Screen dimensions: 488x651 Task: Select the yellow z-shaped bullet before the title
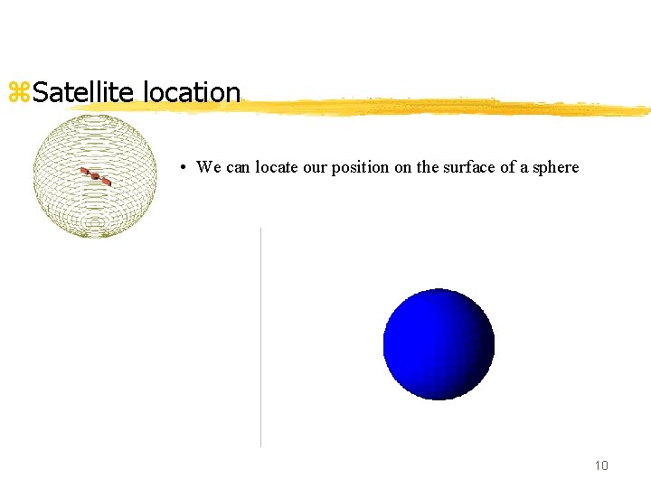(x=18, y=92)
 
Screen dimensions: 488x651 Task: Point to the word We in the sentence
(x=208, y=167)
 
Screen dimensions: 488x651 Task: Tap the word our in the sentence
(x=320, y=167)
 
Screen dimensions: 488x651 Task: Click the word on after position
(x=404, y=167)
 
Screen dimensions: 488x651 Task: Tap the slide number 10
(x=601, y=465)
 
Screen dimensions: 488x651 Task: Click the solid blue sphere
(x=439, y=344)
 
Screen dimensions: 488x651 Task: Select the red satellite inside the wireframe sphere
(x=94, y=176)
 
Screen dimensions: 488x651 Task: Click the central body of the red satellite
(x=94, y=176)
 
